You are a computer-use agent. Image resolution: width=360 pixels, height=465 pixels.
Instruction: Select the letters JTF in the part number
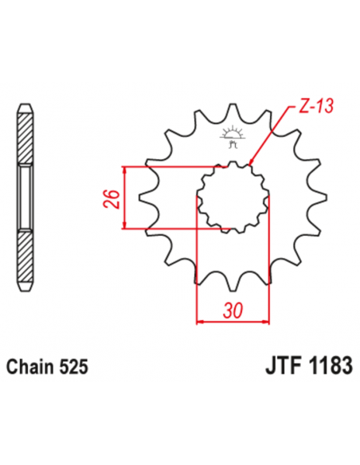(278, 368)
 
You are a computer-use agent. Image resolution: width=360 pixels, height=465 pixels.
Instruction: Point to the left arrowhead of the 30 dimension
(199, 322)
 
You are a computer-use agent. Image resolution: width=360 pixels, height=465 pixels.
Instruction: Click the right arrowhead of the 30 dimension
(266, 322)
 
